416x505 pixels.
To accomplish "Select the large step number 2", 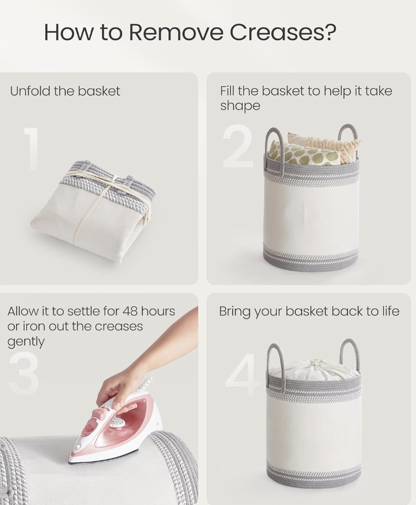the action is pyautogui.click(x=238, y=146).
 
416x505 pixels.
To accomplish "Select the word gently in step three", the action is pyautogui.click(x=26, y=342).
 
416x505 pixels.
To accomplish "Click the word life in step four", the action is pyautogui.click(x=390, y=311).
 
